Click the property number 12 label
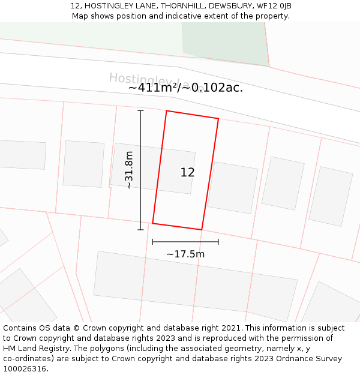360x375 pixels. pyautogui.click(x=187, y=173)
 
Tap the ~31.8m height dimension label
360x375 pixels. pyautogui.click(x=129, y=170)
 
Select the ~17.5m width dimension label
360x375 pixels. pyautogui.click(x=185, y=254)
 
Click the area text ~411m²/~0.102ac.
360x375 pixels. pyautogui.click(x=185, y=88)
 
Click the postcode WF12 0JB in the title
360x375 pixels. pyautogui.click(x=273, y=6)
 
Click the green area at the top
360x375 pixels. pyautogui.click(x=224, y=42)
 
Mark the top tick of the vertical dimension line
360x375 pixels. pyautogui.click(x=140, y=111)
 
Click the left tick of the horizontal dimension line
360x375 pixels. pyautogui.click(x=153, y=242)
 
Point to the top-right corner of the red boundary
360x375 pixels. pyautogui.click(x=218, y=119)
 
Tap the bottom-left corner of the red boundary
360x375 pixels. pyautogui.click(x=153, y=223)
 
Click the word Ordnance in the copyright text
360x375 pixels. pyautogui.click(x=272, y=359)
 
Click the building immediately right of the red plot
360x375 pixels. pyautogui.click(x=232, y=187)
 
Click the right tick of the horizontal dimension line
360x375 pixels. pyautogui.click(x=218, y=242)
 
